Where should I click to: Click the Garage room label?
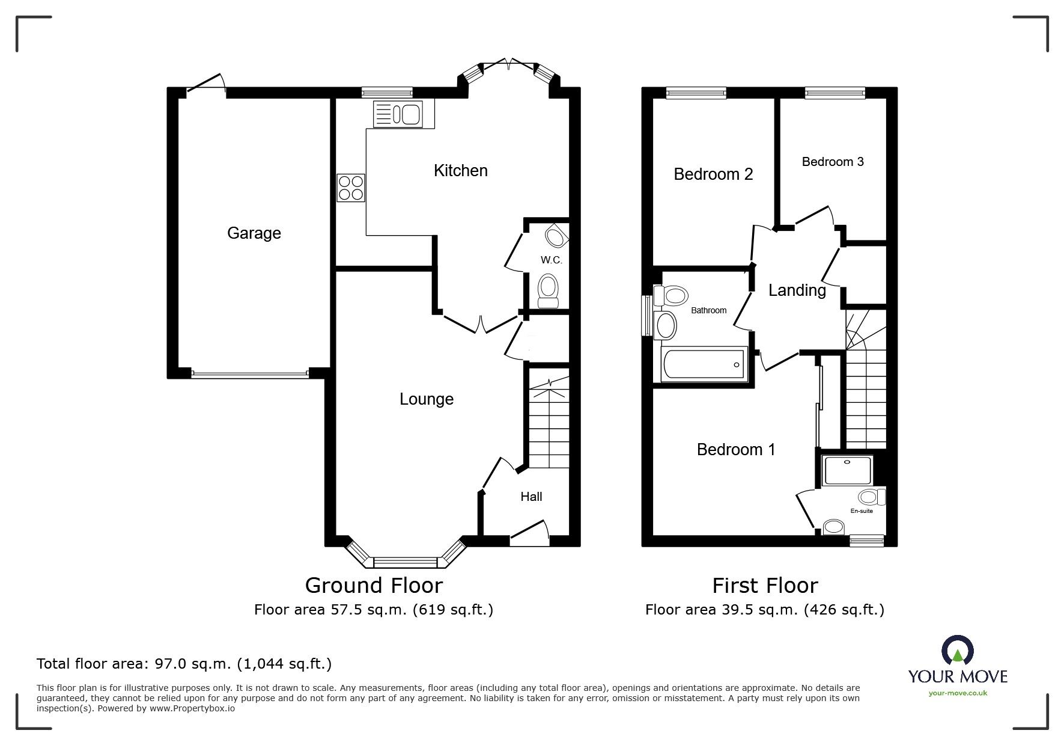(254, 233)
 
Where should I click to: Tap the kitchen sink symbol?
(398, 114)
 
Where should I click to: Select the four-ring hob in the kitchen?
(351, 187)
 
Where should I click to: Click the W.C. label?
(551, 260)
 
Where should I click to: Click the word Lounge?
(426, 399)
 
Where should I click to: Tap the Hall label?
(531, 497)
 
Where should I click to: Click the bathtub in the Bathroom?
(704, 364)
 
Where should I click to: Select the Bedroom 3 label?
(832, 162)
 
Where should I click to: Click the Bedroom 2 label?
(713, 174)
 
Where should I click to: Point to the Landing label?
(797, 290)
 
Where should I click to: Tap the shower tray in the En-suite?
(847, 470)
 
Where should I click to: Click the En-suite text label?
(861, 511)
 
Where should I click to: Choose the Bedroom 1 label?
(735, 450)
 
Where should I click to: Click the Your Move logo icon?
(957, 651)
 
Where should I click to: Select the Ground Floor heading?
(374, 585)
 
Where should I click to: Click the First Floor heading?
(765, 585)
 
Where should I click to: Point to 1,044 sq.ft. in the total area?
(284, 664)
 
